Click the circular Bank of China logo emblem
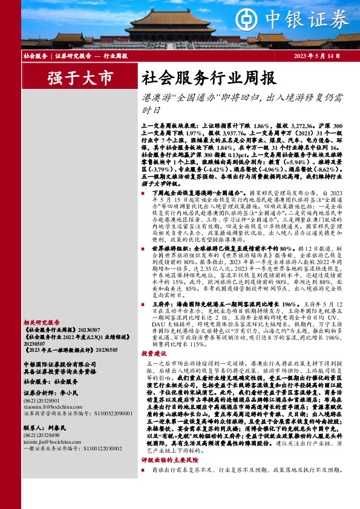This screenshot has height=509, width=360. tap(243, 18)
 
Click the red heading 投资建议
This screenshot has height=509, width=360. tap(154, 353)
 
